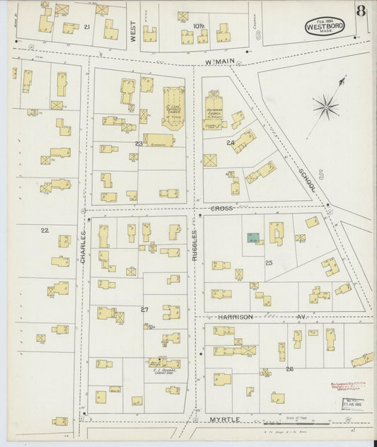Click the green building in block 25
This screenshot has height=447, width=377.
pos(252,238)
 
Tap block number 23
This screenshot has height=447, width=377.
pos(139,144)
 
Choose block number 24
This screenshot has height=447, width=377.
pos(231,143)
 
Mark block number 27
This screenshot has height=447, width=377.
pos(144,310)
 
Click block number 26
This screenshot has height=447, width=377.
pos(289,368)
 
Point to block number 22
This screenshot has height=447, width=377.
pos(45,230)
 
